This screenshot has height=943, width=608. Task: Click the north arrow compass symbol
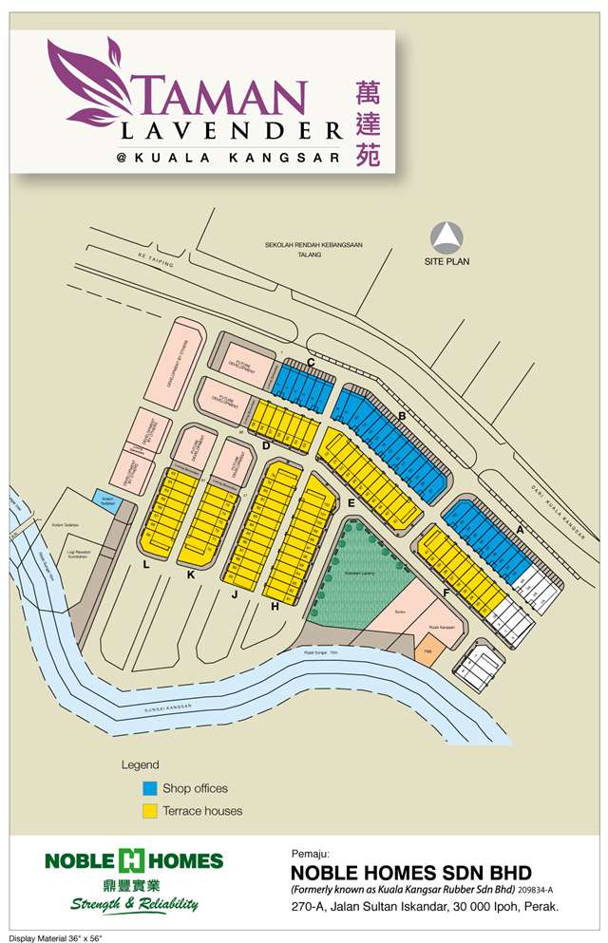point(446,236)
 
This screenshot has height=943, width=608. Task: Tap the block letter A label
point(521,529)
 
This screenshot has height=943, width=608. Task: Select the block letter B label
point(403,416)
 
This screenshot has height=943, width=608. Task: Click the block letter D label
point(267,445)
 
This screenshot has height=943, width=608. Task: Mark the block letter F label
point(446,594)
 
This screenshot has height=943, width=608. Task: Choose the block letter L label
point(145,565)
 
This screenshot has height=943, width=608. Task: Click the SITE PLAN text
point(446,261)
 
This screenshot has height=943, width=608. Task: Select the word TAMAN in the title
point(224,96)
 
